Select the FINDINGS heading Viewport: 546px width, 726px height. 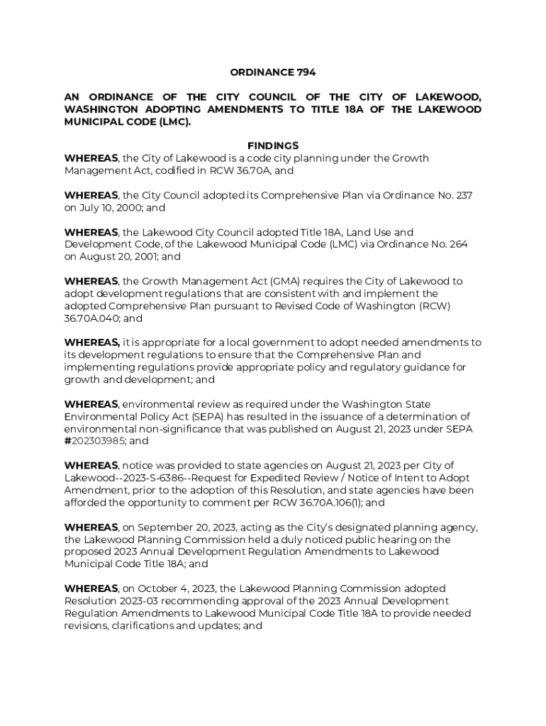(x=273, y=146)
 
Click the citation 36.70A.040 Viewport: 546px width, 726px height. (x=92, y=318)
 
